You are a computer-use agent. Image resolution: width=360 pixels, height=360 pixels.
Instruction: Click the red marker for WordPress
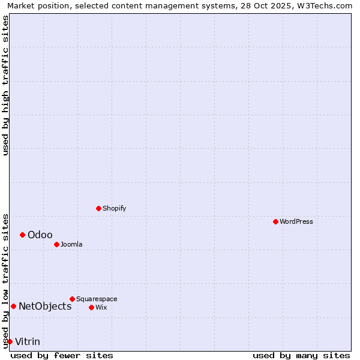[275, 221]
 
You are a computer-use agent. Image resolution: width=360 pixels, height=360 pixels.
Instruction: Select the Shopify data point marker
[98, 208]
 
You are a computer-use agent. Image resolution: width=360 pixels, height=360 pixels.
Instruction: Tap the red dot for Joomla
[56, 244]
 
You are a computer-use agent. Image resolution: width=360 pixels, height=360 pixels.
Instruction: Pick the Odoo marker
[22, 235]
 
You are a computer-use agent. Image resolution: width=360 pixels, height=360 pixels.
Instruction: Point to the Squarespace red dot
[72, 299]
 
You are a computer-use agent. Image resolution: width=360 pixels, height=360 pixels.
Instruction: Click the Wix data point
[91, 307]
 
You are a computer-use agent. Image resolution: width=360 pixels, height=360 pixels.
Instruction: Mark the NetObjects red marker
[13, 306]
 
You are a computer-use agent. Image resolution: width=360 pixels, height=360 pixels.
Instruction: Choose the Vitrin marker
[10, 341]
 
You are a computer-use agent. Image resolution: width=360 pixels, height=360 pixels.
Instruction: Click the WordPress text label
[296, 222]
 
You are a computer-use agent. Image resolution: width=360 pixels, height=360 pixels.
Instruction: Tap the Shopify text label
[114, 209]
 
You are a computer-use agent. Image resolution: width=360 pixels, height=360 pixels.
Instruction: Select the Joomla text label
[71, 245]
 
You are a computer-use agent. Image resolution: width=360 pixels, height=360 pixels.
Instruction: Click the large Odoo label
[40, 235]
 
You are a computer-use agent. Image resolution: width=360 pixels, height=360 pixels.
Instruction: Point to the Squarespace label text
[97, 299]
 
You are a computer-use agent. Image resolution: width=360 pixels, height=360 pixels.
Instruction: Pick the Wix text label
[101, 308]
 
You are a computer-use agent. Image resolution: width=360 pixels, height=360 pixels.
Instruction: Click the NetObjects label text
[45, 307]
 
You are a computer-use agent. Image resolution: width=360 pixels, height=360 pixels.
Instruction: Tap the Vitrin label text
[28, 342]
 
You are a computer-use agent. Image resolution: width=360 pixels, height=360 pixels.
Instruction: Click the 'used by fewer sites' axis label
[62, 356]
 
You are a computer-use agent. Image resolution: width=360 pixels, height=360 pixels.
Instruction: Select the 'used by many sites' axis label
[301, 356]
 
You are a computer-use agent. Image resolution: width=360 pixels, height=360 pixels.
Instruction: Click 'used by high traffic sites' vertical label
[5, 85]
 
